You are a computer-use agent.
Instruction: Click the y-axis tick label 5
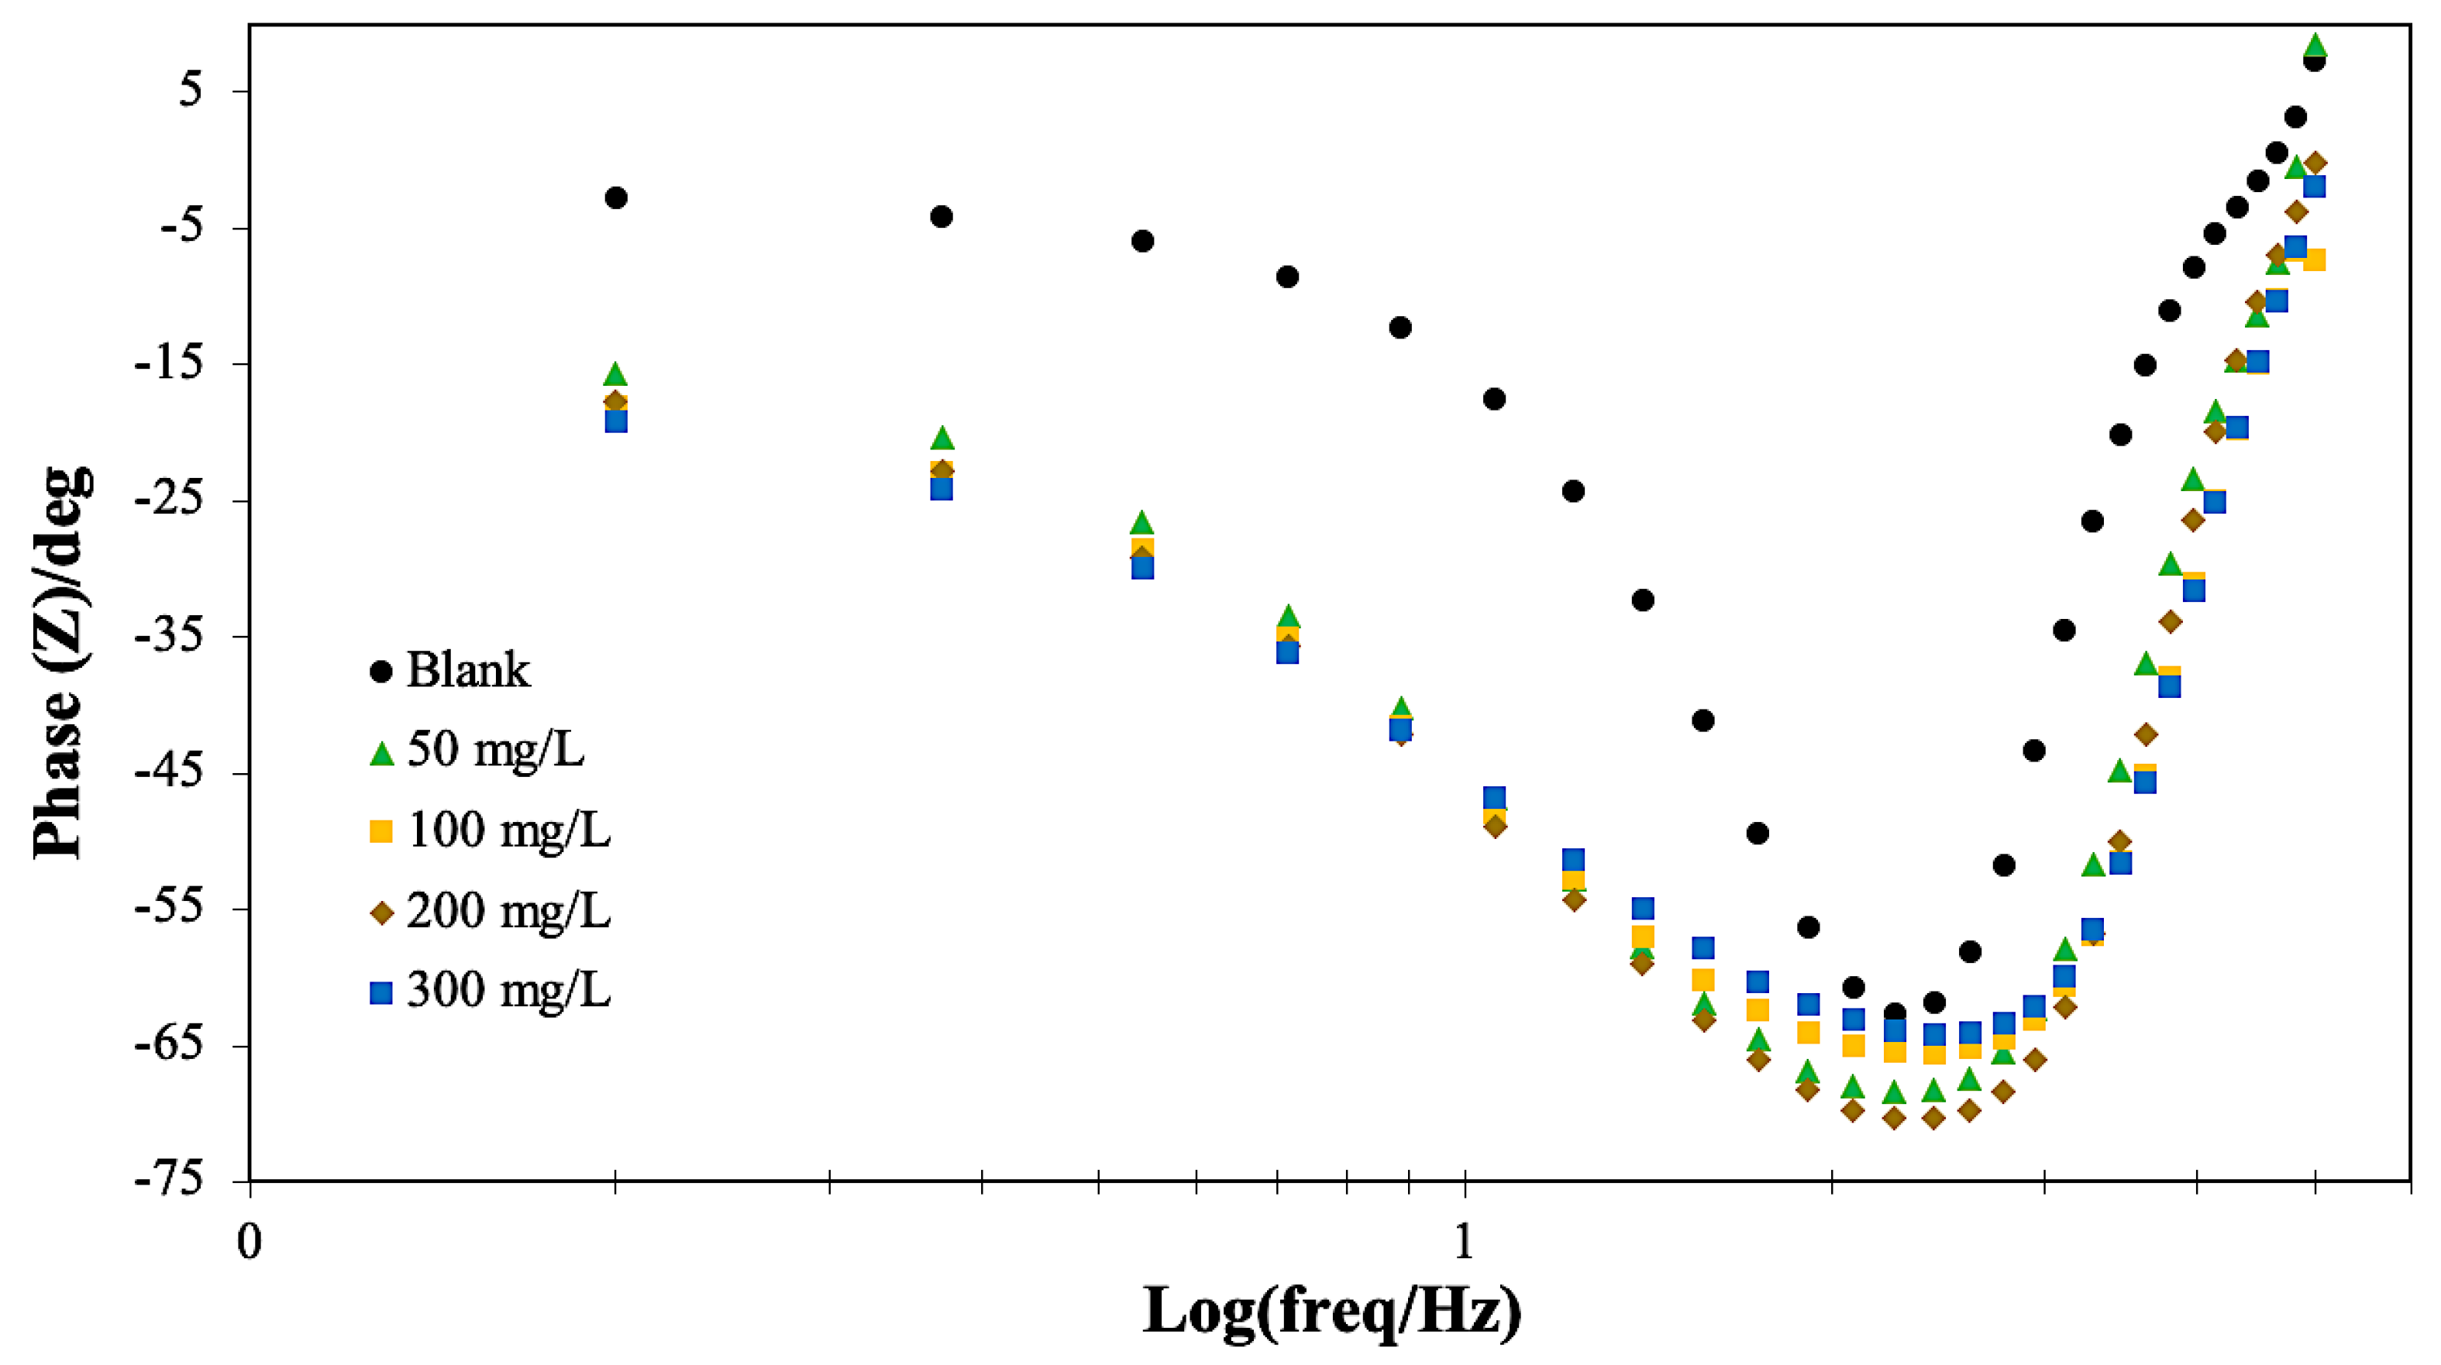(x=191, y=91)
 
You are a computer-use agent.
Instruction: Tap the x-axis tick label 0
(x=248, y=1242)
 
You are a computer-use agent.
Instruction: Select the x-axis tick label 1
(x=1465, y=1242)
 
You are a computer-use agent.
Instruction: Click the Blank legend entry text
(x=468, y=671)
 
